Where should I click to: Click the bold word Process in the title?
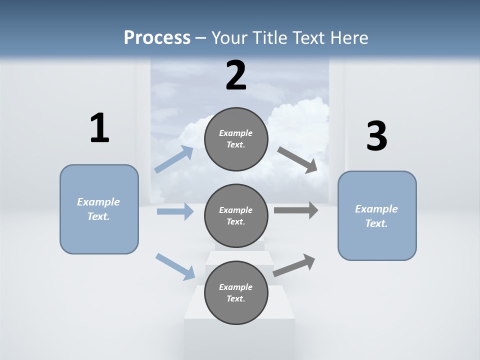[157, 37]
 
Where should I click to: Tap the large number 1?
[99, 128]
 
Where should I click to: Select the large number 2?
[236, 75]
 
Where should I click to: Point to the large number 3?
[376, 136]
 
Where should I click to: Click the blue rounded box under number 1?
[99, 235]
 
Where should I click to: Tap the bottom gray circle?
[236, 313]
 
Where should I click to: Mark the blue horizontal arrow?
[175, 211]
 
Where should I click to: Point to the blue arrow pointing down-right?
[175, 266]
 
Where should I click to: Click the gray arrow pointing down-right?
[297, 160]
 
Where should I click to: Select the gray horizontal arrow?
[296, 210]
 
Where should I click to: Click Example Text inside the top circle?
[236, 139]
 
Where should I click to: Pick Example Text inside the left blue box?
[98, 209]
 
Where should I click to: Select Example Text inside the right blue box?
[376, 216]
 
